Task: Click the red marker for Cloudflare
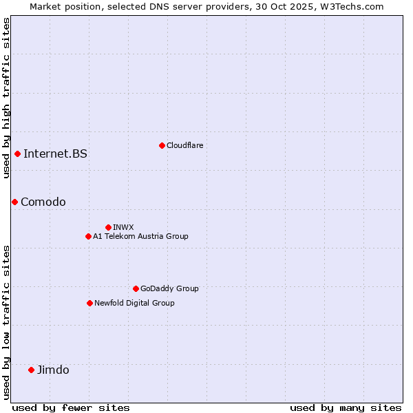tap(162, 145)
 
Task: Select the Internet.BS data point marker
tap(17, 153)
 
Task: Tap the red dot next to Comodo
tap(14, 202)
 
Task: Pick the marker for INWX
tap(108, 227)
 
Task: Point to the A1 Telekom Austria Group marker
tap(88, 236)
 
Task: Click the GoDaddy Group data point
tap(136, 288)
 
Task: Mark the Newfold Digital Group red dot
tap(89, 303)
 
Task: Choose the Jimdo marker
tap(31, 370)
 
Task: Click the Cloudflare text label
tap(184, 145)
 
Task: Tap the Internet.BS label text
tap(55, 153)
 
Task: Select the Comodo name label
tap(43, 202)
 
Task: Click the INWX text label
tap(123, 227)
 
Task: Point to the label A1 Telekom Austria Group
tap(140, 236)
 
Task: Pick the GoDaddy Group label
tap(169, 288)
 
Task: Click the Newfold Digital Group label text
tap(134, 303)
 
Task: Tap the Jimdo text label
tap(53, 370)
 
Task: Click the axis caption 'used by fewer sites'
tap(71, 407)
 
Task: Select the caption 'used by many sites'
tap(346, 407)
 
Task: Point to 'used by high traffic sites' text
tap(6, 98)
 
